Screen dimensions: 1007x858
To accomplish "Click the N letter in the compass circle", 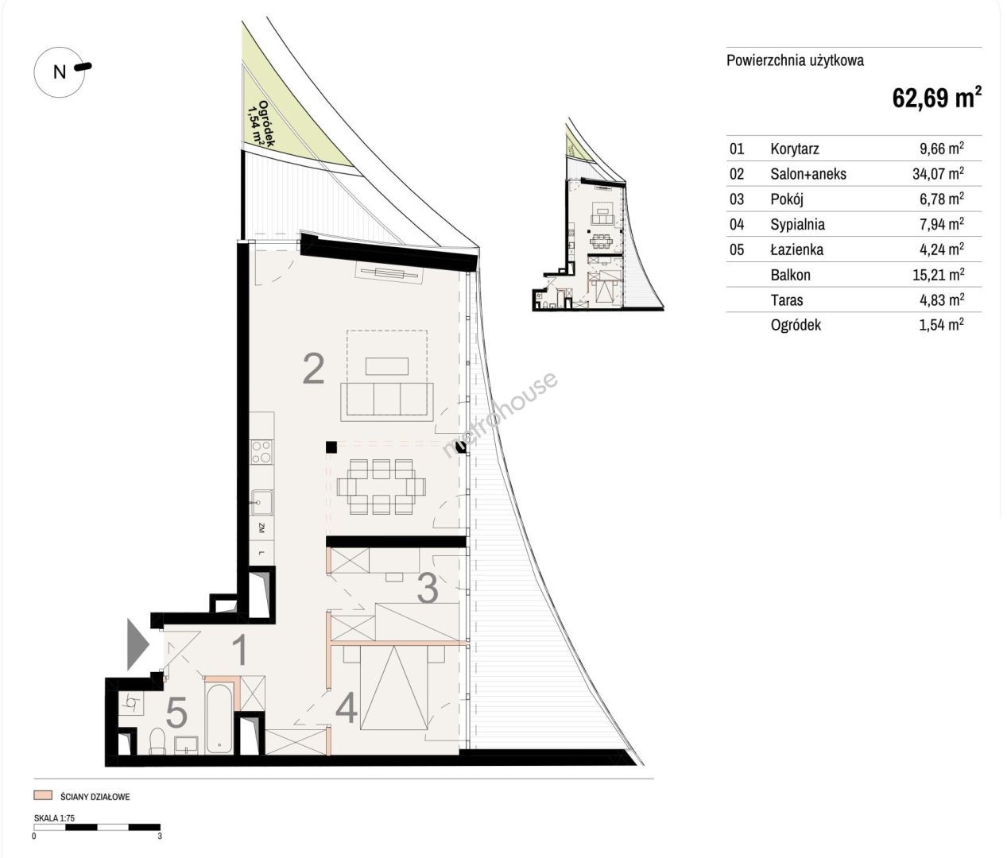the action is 60,72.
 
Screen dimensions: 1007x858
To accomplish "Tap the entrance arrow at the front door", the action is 137,643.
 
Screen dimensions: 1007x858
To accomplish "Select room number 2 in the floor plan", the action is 313,369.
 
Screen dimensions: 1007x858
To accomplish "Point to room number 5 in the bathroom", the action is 176,713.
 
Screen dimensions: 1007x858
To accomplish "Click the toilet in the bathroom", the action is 157,741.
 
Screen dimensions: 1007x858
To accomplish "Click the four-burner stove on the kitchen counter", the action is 261,452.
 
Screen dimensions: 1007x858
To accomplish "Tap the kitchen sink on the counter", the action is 261,502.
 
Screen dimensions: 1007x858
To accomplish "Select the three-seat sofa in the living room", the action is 387,402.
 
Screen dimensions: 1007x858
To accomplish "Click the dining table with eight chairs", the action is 381,486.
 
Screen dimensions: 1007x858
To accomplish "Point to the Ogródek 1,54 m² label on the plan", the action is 262,124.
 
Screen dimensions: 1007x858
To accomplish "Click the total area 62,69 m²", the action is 936,97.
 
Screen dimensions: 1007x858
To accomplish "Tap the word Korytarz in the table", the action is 795,149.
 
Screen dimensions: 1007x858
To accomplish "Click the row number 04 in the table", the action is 737,225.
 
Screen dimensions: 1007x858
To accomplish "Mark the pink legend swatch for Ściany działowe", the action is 43,796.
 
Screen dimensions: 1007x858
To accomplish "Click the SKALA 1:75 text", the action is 54,818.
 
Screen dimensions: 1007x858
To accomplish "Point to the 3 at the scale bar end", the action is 159,836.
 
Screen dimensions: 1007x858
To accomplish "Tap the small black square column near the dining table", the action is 331,447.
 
